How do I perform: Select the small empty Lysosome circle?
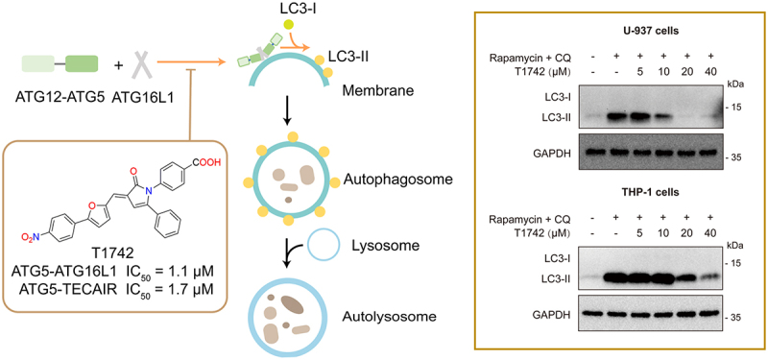(323, 244)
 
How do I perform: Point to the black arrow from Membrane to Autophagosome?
(287, 115)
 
